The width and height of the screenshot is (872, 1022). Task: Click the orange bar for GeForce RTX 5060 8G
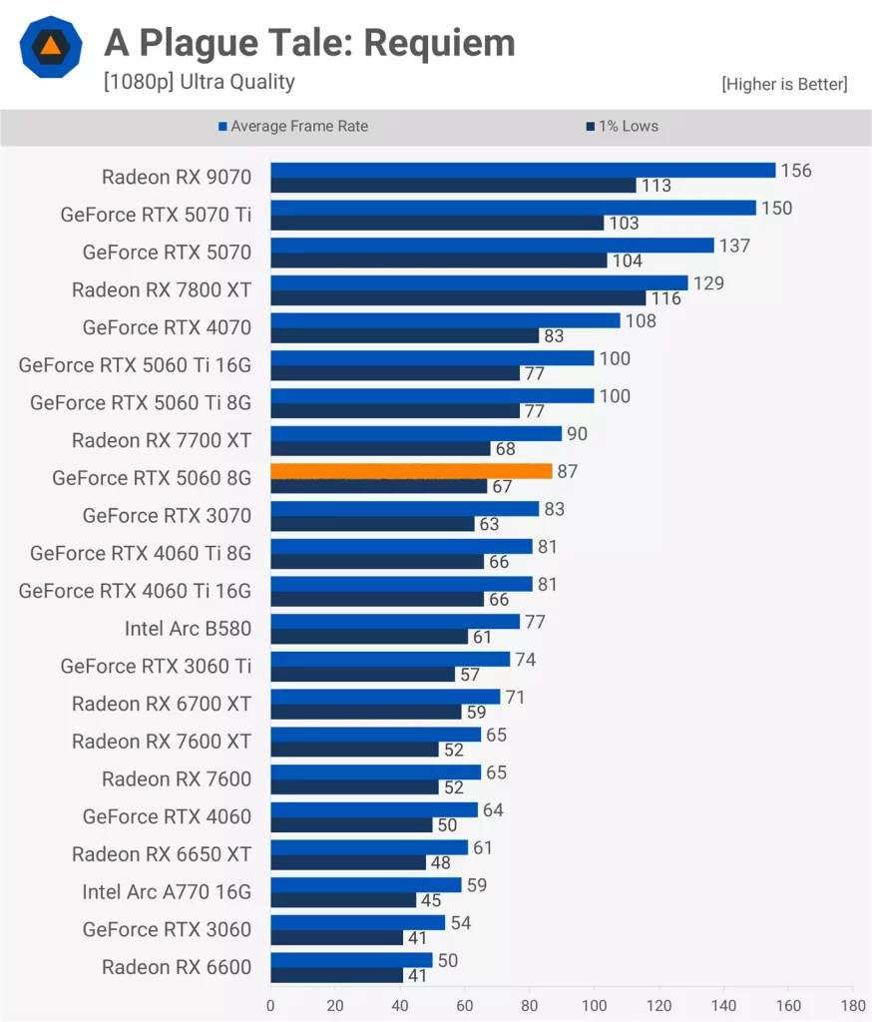point(411,471)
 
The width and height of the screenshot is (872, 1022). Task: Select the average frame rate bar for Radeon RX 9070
point(523,170)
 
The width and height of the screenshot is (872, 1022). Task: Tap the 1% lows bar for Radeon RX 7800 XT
point(458,297)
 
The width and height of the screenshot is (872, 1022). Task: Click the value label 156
point(796,171)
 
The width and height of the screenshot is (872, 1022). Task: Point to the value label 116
point(665,298)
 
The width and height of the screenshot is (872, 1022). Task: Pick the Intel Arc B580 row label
point(188,628)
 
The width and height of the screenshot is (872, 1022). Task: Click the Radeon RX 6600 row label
point(177,966)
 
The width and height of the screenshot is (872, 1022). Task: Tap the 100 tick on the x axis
point(595,1005)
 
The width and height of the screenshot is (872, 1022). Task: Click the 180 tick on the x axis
point(853,1005)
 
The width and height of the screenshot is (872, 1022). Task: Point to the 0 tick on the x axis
point(270,1005)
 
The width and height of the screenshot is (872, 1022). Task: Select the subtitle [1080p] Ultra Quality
point(199,82)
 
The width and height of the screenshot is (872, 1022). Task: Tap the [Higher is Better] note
point(784,84)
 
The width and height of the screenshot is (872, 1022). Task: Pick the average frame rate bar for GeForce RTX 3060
point(357,922)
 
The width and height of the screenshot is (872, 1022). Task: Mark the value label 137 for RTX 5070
point(734,246)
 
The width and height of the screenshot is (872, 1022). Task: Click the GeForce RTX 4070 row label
point(167,327)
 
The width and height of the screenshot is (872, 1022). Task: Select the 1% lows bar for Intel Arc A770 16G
point(343,900)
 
